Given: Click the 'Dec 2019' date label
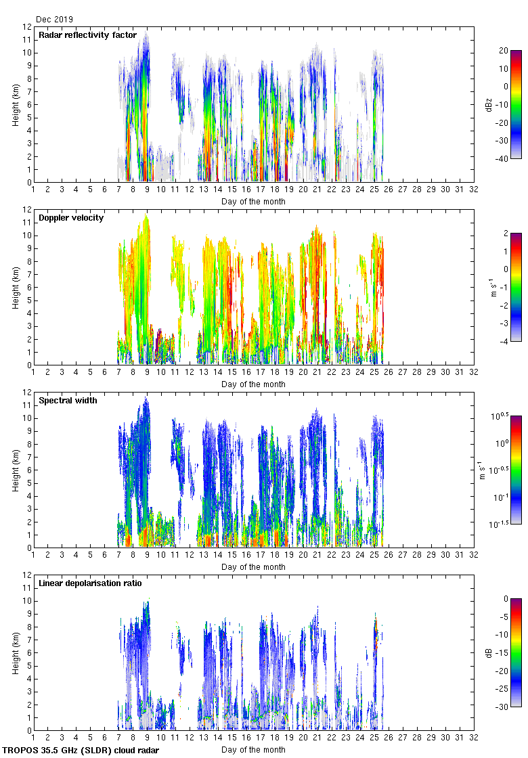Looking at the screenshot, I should [54, 20].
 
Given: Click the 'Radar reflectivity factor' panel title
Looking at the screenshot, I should [87, 35].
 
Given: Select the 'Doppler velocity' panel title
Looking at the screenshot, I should [71, 218].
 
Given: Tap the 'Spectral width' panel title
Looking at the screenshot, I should [68, 401].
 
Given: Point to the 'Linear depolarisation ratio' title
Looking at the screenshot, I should [90, 583].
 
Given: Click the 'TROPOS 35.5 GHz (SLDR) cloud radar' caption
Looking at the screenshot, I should [81, 751].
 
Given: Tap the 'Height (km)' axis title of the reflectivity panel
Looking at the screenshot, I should [15, 105].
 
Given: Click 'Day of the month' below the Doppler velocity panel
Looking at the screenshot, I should [253, 384].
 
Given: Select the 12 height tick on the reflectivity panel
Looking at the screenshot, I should [28, 27].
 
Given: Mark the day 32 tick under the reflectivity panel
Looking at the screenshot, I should [473, 191].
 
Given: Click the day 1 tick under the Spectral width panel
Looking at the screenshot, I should [34, 556].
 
